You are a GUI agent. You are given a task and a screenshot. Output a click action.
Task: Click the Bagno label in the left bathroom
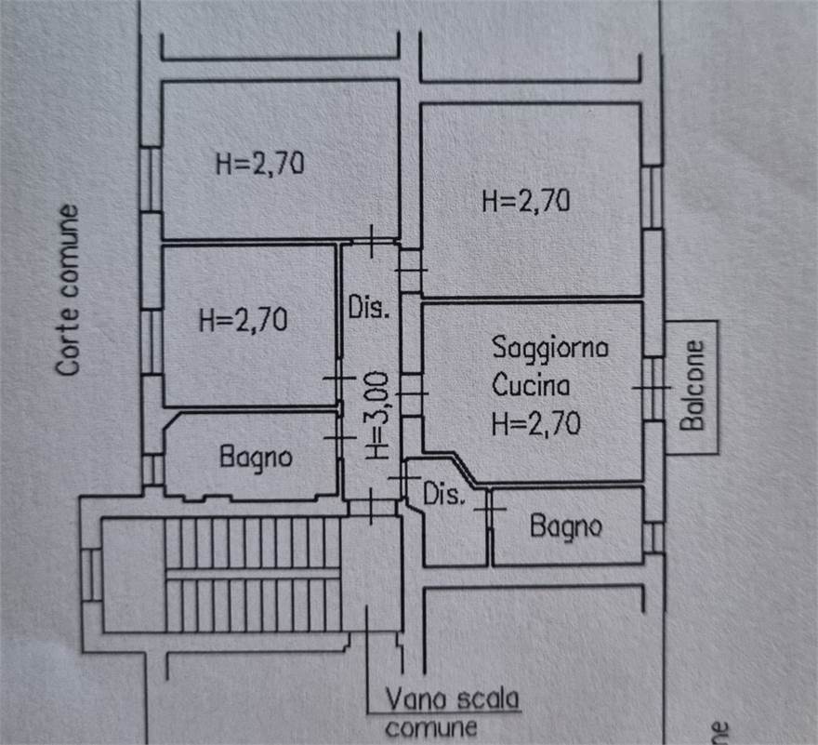point(256,457)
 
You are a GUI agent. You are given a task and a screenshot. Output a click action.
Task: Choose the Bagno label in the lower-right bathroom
point(565,526)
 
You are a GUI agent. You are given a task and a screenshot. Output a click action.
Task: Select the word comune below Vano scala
point(431,727)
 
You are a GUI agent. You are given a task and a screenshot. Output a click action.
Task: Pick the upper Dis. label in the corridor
point(368,308)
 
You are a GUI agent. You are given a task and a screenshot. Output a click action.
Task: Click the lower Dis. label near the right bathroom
point(443,495)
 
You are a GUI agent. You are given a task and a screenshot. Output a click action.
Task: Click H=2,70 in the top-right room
point(525,201)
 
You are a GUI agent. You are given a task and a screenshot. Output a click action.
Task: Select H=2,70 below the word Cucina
point(536,423)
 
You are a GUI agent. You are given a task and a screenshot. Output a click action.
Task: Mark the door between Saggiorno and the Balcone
point(654,386)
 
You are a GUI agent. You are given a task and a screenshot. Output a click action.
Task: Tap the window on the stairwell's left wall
point(90,575)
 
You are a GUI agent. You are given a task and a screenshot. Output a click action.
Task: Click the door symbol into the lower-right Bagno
point(490,510)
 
